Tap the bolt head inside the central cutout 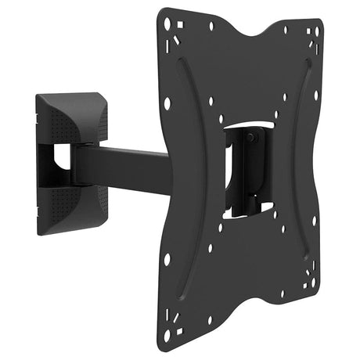(250, 138)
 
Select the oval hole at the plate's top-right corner (311, 32)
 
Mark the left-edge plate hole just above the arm (167, 103)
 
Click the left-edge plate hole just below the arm (167, 258)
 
